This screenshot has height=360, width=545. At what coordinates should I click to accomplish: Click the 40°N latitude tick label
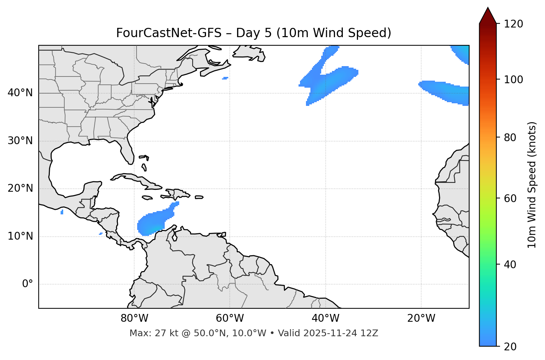tap(20, 93)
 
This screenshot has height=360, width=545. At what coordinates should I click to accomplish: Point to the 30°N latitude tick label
tap(20, 141)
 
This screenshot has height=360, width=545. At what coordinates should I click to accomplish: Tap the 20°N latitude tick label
tap(20, 189)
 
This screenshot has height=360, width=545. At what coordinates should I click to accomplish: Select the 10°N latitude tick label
tap(20, 236)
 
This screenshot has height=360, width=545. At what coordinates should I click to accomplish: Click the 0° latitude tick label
tap(28, 284)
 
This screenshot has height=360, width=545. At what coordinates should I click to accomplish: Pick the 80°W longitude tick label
tap(134, 318)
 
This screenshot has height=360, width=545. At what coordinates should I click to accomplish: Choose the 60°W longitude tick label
tap(230, 318)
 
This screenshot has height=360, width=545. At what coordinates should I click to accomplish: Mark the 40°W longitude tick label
tap(325, 318)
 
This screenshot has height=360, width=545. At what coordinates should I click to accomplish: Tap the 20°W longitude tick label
tap(421, 318)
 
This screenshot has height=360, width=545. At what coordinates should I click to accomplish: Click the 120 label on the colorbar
tap(513, 24)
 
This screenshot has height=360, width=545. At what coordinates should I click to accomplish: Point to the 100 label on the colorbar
tap(513, 80)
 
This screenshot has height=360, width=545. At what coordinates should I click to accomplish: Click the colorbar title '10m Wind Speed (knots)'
tap(532, 185)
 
